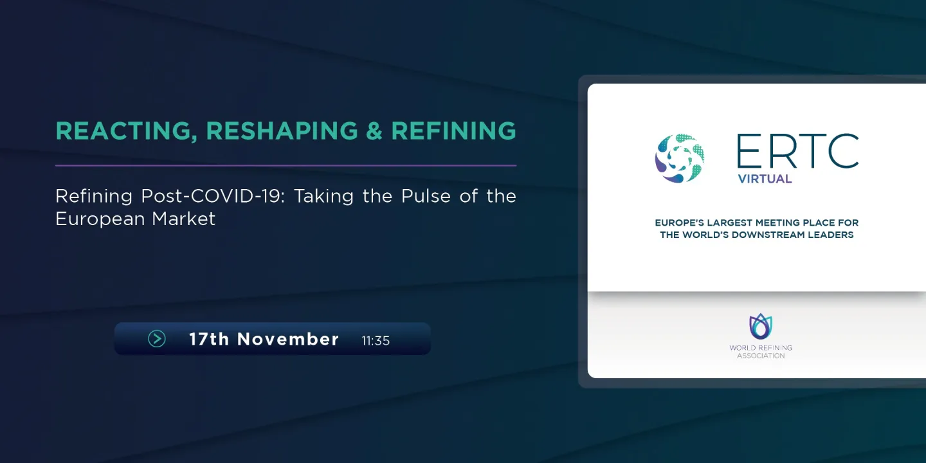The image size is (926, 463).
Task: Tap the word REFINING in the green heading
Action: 453,131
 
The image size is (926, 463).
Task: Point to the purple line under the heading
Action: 286,165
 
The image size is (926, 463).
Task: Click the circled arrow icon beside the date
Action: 157,339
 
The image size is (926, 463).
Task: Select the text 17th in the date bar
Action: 209,340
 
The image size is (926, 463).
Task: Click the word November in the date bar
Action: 288,340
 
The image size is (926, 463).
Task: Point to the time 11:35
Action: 376,341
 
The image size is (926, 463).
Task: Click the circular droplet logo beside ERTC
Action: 680,158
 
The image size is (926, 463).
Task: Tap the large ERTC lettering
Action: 797,151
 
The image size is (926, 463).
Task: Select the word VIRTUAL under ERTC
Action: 765,179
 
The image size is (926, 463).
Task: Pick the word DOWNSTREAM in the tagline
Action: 759,235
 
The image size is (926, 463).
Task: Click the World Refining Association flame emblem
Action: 761,327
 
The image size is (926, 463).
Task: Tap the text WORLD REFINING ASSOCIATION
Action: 761,352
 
